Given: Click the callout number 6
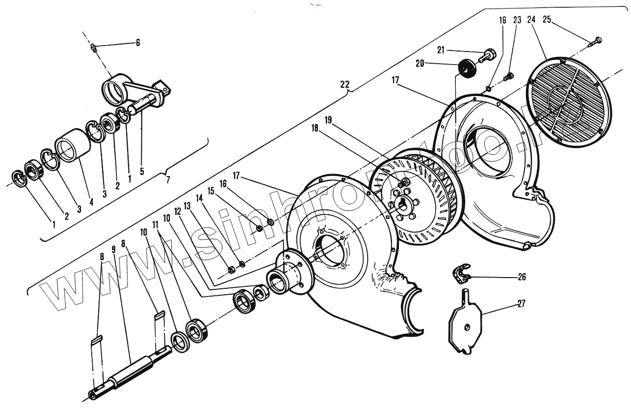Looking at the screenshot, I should (138, 43).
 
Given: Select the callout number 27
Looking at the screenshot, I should (521, 304).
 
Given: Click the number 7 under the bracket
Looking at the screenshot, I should (167, 179).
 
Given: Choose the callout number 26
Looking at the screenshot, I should (521, 277).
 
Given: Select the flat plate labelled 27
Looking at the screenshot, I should (465, 321).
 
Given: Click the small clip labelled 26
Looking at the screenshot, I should (461, 273).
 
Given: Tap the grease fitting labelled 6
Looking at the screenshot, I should (94, 47).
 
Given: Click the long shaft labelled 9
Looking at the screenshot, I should (130, 373).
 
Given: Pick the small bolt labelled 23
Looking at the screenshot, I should (508, 77).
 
